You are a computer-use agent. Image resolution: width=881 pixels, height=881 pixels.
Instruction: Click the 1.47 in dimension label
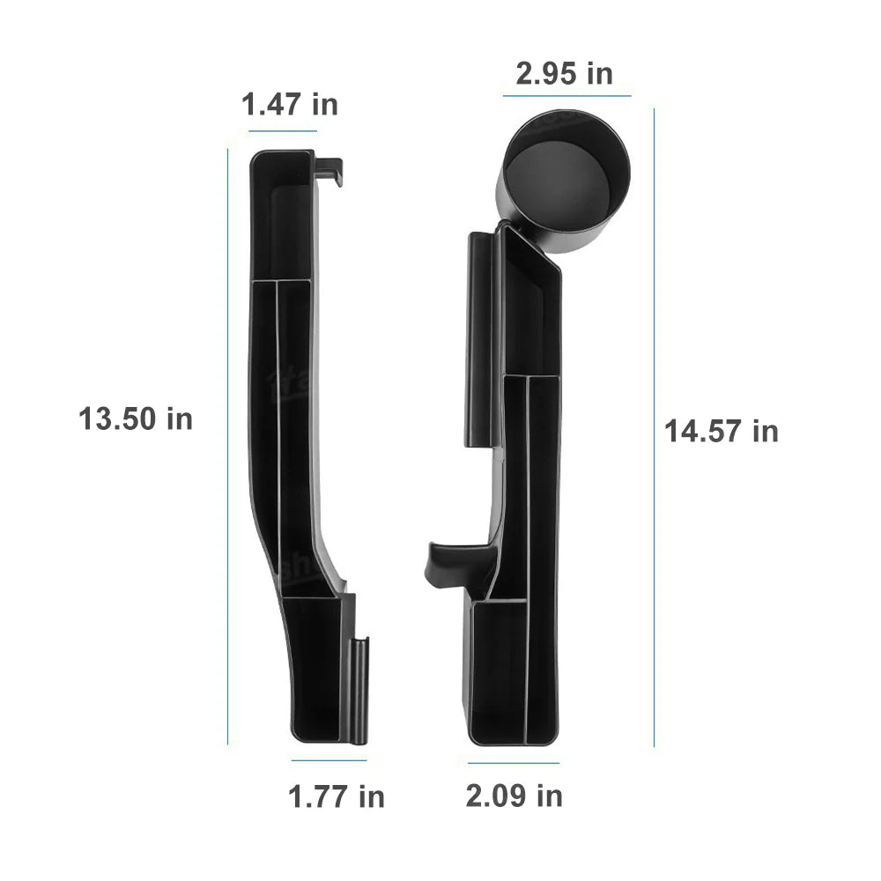[x=290, y=105]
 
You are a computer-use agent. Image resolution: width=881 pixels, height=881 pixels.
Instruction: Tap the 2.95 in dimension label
[x=564, y=74]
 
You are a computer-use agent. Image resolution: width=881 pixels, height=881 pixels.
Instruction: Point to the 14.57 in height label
[x=722, y=432]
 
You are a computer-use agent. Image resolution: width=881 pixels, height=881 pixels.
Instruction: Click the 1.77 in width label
[x=337, y=797]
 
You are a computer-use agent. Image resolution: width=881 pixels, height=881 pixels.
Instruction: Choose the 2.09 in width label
[x=514, y=796]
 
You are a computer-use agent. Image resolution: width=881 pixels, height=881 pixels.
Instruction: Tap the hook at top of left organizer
[x=329, y=171]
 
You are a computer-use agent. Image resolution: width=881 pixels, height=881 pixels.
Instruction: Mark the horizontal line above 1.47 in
[x=283, y=131]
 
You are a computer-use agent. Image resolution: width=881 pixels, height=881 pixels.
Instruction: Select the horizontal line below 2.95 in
[x=566, y=95]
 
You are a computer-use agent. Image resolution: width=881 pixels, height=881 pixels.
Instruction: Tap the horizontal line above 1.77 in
[x=329, y=760]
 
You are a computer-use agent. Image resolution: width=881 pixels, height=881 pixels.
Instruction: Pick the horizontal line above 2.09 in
[x=514, y=763]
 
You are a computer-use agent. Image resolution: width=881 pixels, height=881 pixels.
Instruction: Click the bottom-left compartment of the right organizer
[x=497, y=670]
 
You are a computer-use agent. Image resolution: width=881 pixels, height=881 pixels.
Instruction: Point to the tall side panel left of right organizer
[x=482, y=339]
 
